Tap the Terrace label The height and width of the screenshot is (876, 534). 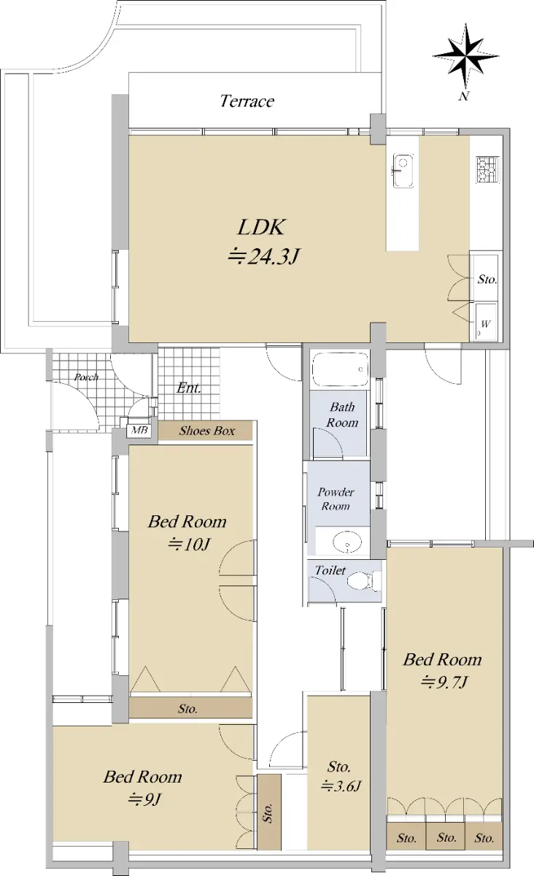247,101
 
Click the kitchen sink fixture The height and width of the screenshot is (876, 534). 403,171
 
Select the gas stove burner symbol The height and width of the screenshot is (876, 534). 487,169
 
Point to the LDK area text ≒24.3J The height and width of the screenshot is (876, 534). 264,257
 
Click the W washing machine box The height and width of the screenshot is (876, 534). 487,322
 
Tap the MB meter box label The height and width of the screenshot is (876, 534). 139,430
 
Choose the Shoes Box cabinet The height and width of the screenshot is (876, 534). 206,431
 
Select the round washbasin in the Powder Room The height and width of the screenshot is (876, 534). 347,542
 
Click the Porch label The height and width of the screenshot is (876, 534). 86,377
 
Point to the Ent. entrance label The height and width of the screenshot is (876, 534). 189,388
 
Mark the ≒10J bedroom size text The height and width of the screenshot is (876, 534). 189,544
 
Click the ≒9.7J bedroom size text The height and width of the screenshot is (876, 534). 444,683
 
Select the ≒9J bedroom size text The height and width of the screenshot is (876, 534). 144,800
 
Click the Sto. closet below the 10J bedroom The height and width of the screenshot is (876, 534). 190,707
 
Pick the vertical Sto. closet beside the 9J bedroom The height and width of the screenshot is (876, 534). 269,812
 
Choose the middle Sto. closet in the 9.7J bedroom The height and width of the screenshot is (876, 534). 445,836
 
